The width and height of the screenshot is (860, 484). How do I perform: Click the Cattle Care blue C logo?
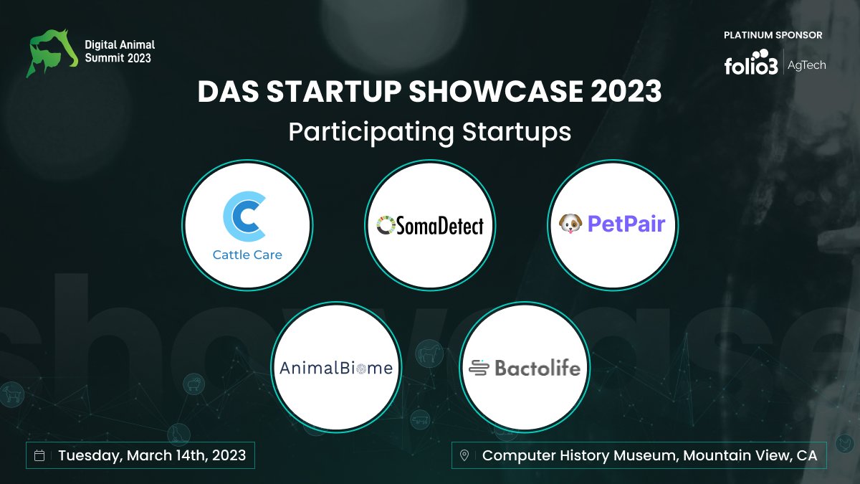pos(246,217)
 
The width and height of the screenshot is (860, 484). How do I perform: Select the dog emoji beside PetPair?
pos(570,224)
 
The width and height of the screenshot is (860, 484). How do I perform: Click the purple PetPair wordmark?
pos(626,224)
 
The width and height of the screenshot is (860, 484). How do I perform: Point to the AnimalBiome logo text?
pos(335,369)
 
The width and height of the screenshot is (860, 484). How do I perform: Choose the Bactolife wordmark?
pos(537,369)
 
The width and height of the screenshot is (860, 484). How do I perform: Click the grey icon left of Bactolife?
pos(479,369)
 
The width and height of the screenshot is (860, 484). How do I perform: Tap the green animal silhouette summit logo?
pos(52,52)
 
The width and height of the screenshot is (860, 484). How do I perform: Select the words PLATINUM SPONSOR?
pos(773,35)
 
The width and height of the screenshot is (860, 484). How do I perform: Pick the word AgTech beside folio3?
pos(806,65)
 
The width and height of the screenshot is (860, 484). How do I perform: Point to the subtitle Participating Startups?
pos(429,133)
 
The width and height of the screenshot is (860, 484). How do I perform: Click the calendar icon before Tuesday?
pos(40,455)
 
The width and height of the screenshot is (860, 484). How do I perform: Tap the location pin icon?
pos(464,455)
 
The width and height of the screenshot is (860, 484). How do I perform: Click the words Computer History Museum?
pos(579,455)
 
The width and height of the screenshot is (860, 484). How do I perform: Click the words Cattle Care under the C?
pos(247,255)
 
